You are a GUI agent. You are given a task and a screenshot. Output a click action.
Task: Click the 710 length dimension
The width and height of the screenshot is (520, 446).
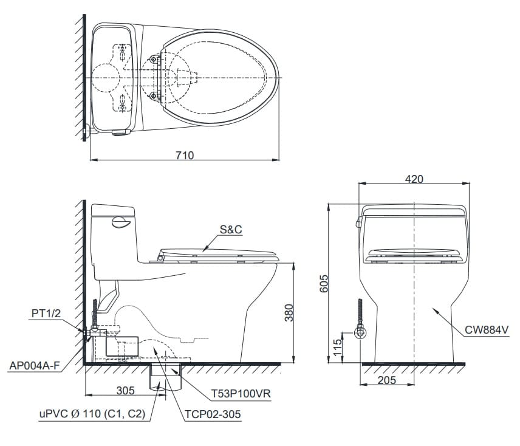pyautogui.click(x=184, y=155)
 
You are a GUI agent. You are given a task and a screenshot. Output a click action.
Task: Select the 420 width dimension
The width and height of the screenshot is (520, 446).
pyautogui.click(x=415, y=179)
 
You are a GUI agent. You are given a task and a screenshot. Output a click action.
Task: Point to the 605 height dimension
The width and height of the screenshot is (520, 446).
pyautogui.click(x=324, y=283)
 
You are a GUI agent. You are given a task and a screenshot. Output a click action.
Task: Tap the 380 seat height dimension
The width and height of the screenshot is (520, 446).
pyautogui.click(x=289, y=313)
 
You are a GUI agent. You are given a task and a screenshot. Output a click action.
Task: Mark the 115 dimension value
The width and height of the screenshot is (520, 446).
pyautogui.click(x=338, y=348)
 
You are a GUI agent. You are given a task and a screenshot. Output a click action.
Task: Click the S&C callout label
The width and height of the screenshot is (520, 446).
pyautogui.click(x=231, y=230)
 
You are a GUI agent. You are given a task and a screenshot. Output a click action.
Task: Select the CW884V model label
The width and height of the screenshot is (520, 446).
pyautogui.click(x=487, y=330)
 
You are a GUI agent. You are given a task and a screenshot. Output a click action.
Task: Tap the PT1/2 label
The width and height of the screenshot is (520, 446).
pyautogui.click(x=46, y=314)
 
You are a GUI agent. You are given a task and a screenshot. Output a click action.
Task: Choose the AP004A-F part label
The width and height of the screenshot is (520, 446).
pyautogui.click(x=34, y=366)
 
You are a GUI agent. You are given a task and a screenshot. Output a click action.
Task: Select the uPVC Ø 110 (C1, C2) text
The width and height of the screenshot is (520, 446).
pyautogui.click(x=92, y=414)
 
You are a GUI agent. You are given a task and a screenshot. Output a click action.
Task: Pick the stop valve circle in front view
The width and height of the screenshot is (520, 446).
pyautogui.click(x=360, y=333)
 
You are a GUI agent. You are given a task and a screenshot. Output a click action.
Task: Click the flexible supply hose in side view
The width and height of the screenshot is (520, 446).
pyautogui.click(x=95, y=313)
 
